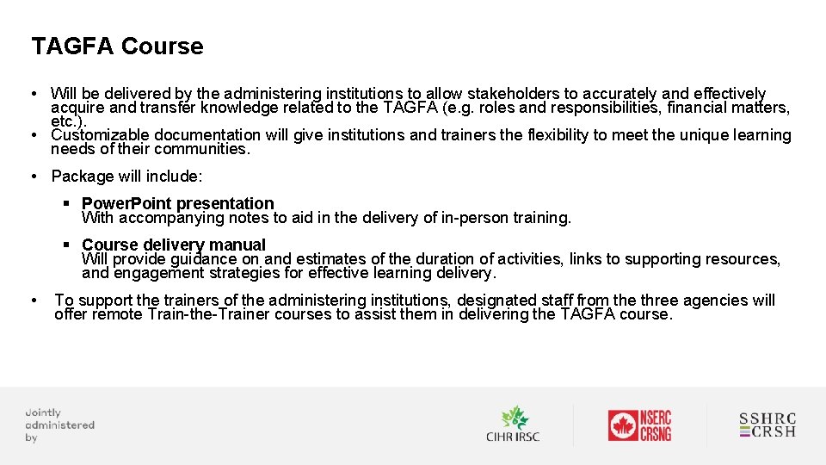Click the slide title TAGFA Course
(x=117, y=46)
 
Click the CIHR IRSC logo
(x=513, y=425)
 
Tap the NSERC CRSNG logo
(x=639, y=425)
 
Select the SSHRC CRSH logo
(x=767, y=425)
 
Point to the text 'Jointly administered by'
(x=59, y=425)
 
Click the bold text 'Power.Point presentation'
(x=177, y=204)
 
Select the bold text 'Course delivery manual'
(x=173, y=245)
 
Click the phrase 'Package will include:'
(x=126, y=177)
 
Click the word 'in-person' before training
(x=477, y=218)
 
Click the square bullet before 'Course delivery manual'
(x=66, y=245)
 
